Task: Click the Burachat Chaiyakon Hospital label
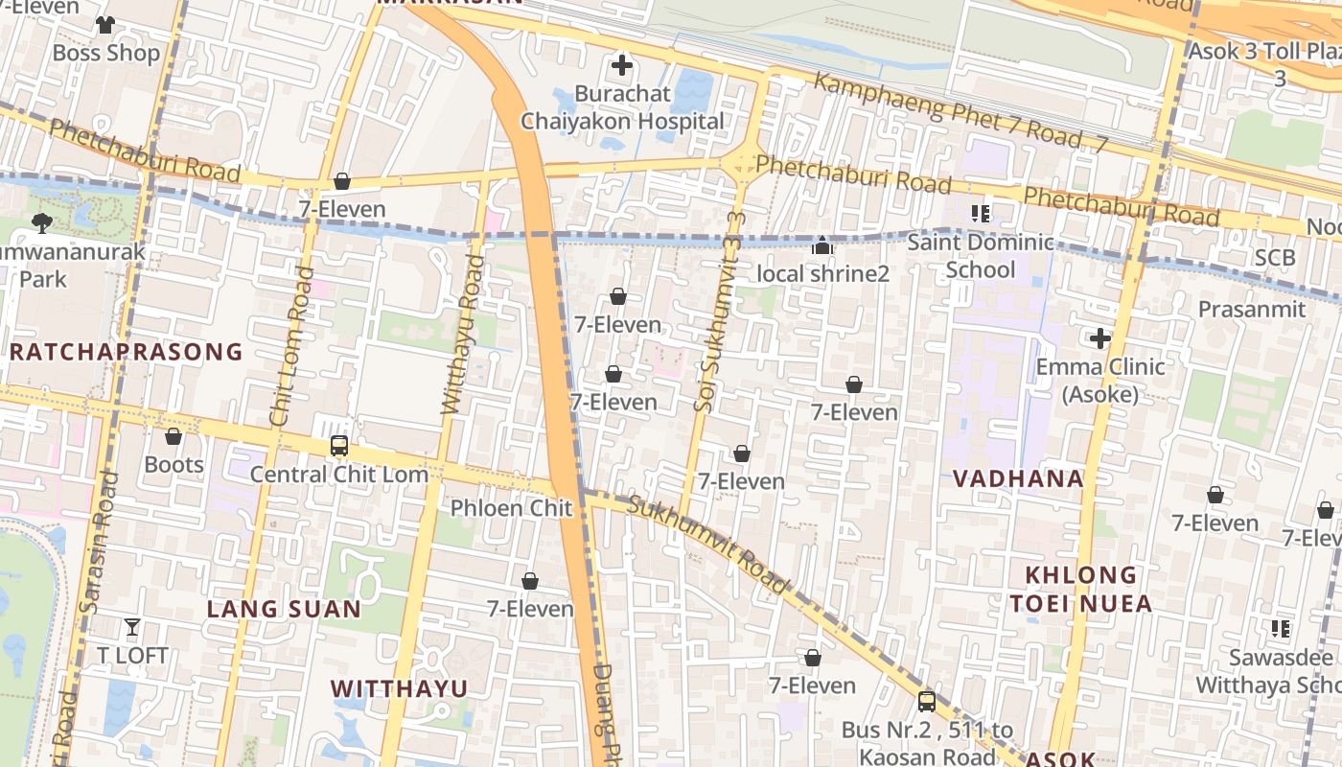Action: pos(622,108)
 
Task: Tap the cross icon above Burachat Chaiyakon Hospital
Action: pos(622,65)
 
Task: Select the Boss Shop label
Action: pos(105,53)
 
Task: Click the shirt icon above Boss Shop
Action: pos(105,24)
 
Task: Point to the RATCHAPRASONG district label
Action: pos(126,352)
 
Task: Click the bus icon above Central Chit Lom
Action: pos(339,446)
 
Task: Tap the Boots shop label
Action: pos(174,465)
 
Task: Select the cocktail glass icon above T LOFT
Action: pos(132,628)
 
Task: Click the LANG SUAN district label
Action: pos(284,609)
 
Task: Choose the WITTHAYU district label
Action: pos(399,688)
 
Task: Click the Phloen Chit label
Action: pos(511,508)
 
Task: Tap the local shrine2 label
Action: pos(822,274)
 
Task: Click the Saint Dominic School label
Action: pos(980,256)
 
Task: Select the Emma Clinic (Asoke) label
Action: pos(1100,380)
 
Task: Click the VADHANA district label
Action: pos(1018,478)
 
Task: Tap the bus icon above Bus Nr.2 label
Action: pos(926,701)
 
